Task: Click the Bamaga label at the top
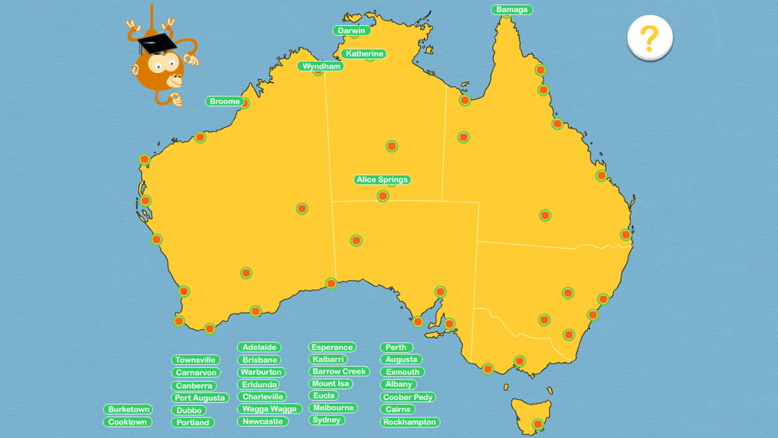coord(512,10)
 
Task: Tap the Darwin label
coord(351,30)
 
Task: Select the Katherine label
coord(364,54)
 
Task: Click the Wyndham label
coord(320,66)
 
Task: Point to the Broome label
coord(224,101)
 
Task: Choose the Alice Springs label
coord(382,180)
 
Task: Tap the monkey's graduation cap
coord(157,41)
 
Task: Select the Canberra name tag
coord(194,386)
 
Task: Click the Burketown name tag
coord(129,409)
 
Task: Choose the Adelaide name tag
coord(260,347)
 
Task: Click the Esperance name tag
coord(332,347)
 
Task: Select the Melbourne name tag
coord(333,408)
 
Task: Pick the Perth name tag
coord(396,347)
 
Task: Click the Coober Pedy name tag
coord(408,397)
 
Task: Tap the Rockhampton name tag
coord(410,421)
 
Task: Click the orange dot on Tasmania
coord(538,424)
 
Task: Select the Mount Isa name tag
coord(329,383)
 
